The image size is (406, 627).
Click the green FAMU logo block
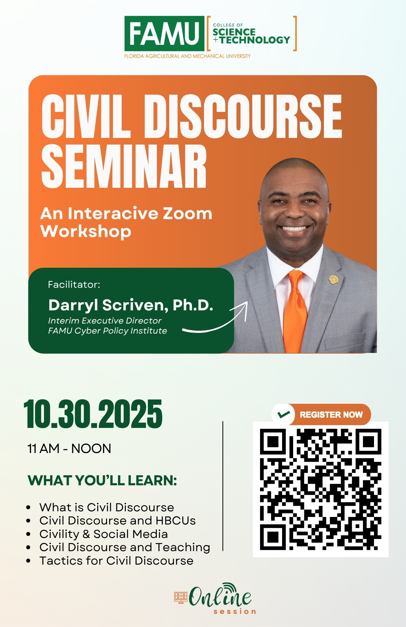click(x=164, y=34)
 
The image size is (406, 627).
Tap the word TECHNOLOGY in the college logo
click(x=255, y=40)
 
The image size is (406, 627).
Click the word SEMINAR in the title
click(x=124, y=166)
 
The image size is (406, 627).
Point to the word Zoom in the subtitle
click(x=188, y=214)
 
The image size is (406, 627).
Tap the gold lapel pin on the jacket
click(x=333, y=280)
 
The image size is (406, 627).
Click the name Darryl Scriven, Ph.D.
click(x=131, y=305)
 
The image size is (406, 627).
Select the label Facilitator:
click(x=74, y=285)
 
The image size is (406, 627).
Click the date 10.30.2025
click(x=93, y=414)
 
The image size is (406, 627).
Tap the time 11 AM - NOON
click(x=69, y=449)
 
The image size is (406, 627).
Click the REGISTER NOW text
click(x=331, y=415)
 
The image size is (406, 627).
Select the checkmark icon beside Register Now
click(x=283, y=414)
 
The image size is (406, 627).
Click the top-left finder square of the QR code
click(x=273, y=442)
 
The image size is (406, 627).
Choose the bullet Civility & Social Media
click(x=104, y=534)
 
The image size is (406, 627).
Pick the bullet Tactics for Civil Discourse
click(x=116, y=561)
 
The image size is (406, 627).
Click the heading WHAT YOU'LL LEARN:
click(x=102, y=481)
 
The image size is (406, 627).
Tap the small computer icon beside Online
click(x=181, y=598)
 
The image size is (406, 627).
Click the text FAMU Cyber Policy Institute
click(x=108, y=331)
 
